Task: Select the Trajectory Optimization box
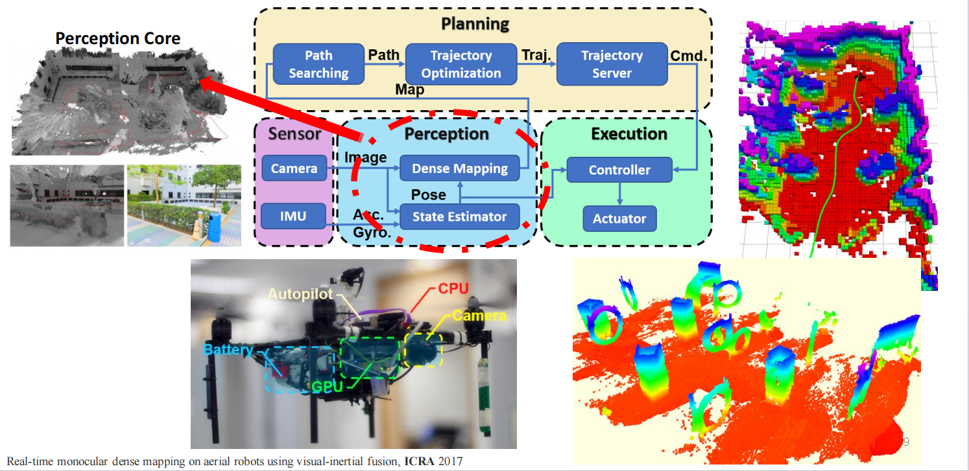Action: click(461, 64)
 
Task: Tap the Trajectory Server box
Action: click(612, 64)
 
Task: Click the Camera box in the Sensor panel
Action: click(294, 169)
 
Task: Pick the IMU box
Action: click(293, 216)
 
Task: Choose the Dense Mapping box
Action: click(461, 168)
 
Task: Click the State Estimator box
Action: click(460, 216)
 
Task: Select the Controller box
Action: click(619, 170)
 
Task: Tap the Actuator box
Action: click(619, 219)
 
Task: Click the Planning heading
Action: click(475, 25)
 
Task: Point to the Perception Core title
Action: click(117, 39)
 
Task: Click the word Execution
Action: click(629, 134)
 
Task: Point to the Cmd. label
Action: click(689, 56)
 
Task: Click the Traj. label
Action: click(536, 56)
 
